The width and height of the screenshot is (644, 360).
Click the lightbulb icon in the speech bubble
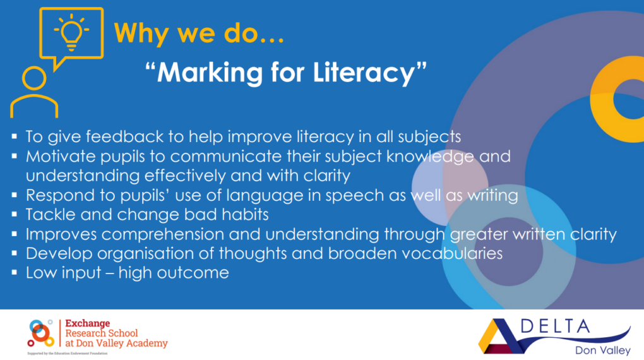coord(71,32)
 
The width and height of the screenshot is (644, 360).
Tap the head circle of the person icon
coord(34,78)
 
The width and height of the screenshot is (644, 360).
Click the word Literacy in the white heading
coord(364,73)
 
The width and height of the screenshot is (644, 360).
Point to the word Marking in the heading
coord(210,73)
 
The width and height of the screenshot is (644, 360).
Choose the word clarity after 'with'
coord(327,176)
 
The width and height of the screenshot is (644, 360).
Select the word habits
coord(245,215)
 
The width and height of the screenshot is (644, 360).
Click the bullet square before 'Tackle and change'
coord(15,214)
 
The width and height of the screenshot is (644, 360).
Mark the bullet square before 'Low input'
coord(15,272)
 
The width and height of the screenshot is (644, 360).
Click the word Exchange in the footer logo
coord(88,323)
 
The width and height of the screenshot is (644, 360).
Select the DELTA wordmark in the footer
coord(555,327)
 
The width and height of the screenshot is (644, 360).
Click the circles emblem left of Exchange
coord(40,332)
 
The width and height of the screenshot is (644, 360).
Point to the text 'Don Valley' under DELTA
coord(602,350)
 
